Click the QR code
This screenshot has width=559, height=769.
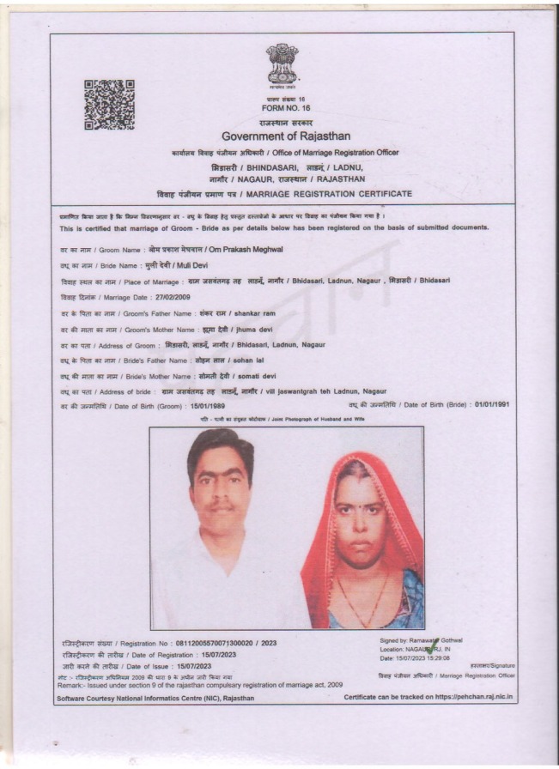(x=109, y=104)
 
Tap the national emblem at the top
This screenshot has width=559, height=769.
(x=282, y=64)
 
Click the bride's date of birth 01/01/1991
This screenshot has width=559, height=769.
(x=492, y=404)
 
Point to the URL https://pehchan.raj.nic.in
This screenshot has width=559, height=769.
(x=469, y=697)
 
